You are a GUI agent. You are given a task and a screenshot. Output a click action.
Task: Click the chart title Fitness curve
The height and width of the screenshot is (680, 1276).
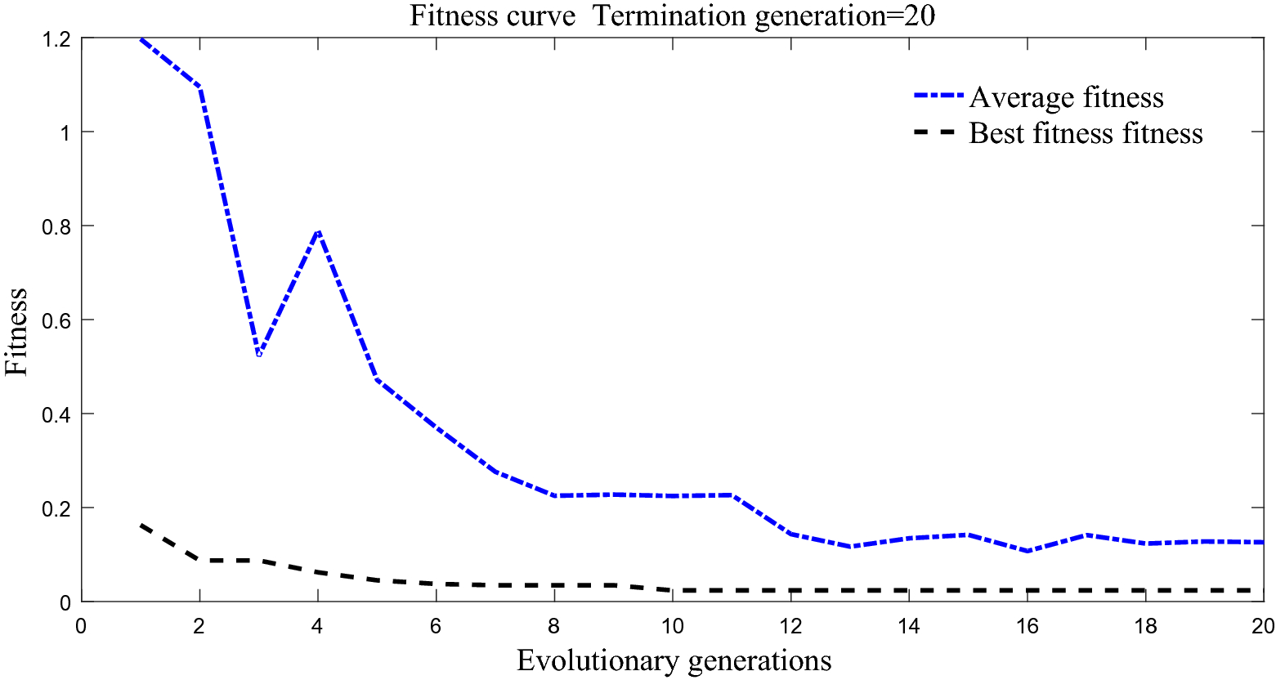672,15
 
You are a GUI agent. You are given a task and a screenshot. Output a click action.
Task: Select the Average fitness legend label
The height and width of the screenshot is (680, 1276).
1066,97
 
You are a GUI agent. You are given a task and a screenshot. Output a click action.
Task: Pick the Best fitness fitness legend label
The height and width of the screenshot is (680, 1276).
1086,133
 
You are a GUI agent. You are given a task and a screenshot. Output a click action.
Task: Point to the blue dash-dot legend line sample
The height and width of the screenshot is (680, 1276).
938,96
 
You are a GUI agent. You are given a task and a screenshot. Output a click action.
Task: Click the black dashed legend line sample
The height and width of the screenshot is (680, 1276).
938,133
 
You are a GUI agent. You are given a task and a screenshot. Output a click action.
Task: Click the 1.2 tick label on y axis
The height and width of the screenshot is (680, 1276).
58,38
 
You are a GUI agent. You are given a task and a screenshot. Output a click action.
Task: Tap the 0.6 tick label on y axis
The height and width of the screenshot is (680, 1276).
58,320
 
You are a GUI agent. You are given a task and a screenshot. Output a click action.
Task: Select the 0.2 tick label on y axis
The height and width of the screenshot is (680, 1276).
58,508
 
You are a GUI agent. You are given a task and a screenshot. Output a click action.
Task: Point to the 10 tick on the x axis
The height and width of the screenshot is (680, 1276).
673,626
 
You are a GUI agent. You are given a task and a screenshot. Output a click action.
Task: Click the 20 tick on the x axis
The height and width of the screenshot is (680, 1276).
1263,626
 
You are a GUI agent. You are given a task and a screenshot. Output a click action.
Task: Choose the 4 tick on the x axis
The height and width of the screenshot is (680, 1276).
318,626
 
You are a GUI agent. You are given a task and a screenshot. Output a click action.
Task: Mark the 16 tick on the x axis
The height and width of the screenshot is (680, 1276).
1027,626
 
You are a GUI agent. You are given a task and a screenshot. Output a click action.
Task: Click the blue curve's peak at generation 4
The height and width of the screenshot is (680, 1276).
318,231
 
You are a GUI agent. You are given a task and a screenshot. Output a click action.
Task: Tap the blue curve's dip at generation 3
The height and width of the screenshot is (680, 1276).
259,354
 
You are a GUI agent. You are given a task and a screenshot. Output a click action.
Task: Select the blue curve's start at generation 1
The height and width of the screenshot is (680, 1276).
141,39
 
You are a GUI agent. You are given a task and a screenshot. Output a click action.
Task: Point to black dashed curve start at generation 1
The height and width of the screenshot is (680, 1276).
141,525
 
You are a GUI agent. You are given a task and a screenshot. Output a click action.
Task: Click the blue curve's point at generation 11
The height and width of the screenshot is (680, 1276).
732,495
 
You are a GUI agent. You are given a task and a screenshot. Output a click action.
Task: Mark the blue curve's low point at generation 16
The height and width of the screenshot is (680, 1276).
1027,551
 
